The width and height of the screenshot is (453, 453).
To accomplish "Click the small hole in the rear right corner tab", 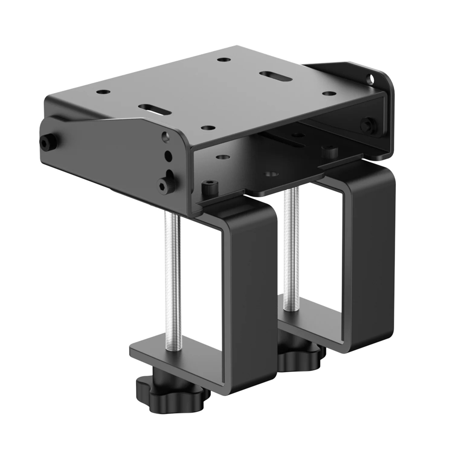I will [370, 79].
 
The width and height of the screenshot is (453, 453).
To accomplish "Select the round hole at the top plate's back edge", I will [223, 60].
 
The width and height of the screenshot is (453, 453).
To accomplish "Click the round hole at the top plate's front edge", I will [208, 127].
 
